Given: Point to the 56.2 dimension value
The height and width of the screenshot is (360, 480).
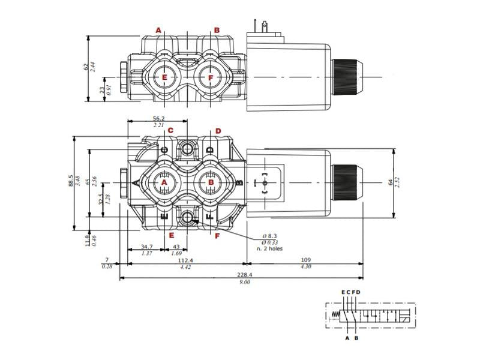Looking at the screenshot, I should click(x=159, y=118).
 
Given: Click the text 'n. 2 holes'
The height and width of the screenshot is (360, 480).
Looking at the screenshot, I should click(x=269, y=248).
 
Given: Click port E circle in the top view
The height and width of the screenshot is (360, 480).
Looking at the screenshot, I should click(x=163, y=77).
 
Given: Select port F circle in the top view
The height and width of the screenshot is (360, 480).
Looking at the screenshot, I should click(x=210, y=77).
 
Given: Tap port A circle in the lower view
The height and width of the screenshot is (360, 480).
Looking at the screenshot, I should click(x=163, y=182).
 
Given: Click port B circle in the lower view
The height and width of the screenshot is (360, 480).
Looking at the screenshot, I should click(x=210, y=182).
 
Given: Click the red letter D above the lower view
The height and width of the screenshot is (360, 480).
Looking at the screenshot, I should click(x=218, y=131).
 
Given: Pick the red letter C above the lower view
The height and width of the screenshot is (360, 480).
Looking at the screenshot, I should click(x=170, y=131).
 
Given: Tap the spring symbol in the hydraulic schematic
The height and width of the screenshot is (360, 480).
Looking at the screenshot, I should click(x=336, y=316).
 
